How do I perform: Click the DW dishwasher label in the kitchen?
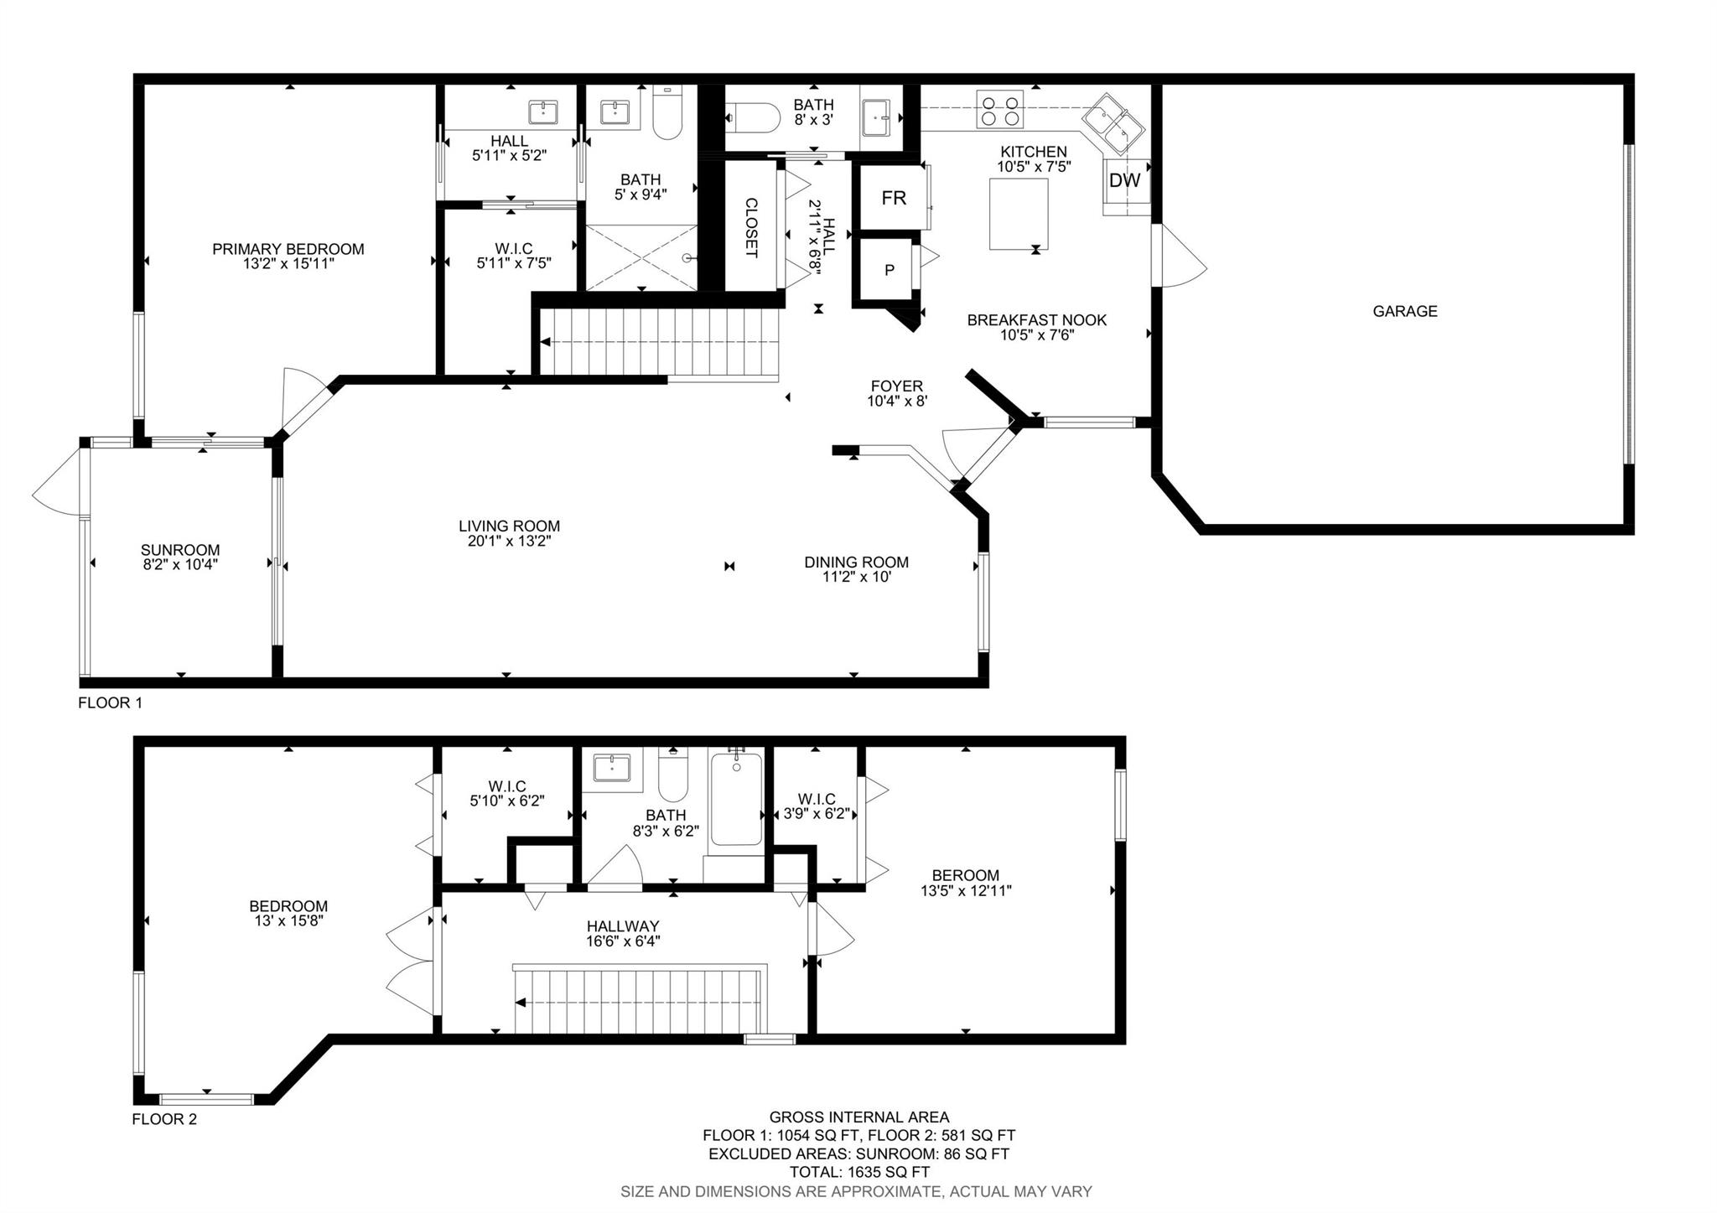coord(1125,180)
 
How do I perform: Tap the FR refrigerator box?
coord(894,198)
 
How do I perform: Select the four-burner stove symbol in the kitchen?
coord(999,109)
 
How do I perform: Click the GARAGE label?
coord(1405,311)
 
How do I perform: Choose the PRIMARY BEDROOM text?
coord(288,249)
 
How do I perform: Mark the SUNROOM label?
coord(180,550)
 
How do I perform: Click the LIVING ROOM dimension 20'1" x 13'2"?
coord(509,542)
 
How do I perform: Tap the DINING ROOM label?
coord(856,562)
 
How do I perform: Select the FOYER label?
coord(897,386)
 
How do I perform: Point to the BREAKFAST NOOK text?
coord(1037,320)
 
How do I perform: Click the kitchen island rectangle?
coord(1019,215)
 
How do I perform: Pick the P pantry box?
coord(889,271)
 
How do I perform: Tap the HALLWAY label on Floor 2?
coord(623,926)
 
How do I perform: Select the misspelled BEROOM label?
coord(966,875)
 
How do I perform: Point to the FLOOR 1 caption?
coord(110,702)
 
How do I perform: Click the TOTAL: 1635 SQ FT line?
coord(859,1172)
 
